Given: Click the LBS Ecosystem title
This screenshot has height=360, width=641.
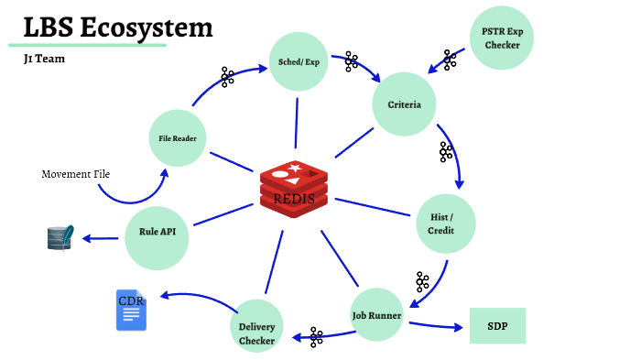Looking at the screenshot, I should (118, 27).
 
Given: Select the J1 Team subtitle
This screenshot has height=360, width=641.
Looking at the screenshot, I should (44, 59).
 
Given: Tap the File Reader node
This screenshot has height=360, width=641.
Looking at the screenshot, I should (178, 139).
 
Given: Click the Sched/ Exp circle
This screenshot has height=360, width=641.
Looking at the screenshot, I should (299, 63).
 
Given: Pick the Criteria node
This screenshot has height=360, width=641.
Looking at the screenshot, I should (404, 104).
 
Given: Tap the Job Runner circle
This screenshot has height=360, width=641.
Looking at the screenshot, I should (378, 315).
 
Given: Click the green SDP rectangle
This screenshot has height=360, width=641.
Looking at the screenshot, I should (497, 325).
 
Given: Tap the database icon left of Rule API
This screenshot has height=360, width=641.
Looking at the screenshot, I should (60, 238).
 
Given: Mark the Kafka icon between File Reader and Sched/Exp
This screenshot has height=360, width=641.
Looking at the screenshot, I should (228, 76).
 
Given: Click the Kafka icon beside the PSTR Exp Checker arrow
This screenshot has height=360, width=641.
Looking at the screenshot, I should (450, 60).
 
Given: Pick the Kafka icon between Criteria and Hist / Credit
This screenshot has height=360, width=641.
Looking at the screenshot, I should (446, 152).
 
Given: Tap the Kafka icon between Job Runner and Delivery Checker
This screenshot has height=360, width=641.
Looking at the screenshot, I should (317, 337).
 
